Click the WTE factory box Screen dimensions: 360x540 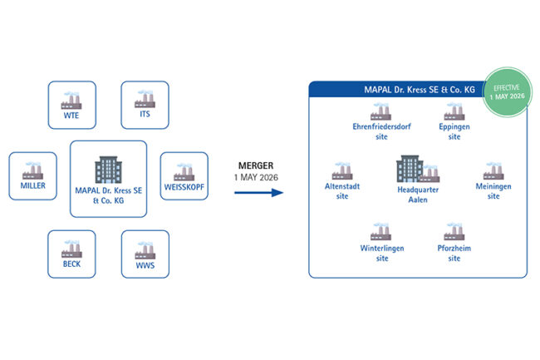[x=71, y=105]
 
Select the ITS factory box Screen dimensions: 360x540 [x=145, y=105]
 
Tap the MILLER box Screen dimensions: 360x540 [x=33, y=175]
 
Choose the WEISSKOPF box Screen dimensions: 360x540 [x=183, y=175]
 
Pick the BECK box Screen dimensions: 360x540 [x=71, y=254]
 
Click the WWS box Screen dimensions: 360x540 [x=145, y=254]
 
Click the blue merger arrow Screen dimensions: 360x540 [x=257, y=193]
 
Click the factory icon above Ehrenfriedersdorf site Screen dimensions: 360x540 [x=382, y=112]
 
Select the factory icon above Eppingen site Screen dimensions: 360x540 [x=454, y=112]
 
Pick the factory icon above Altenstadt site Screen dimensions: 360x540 [x=341, y=172]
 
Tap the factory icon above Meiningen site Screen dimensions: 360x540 [x=493, y=172]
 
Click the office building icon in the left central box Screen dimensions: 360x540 [x=108, y=169]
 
